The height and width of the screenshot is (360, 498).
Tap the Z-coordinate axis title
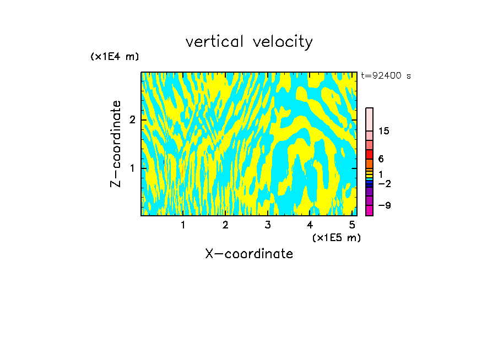pyautogui.click(x=116, y=144)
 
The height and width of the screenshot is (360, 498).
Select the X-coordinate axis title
pyautogui.click(x=249, y=254)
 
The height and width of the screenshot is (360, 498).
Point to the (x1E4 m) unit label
pyautogui.click(x=115, y=56)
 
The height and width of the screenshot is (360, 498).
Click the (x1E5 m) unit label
pyautogui.click(x=336, y=237)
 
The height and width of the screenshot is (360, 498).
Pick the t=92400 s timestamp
pyautogui.click(x=386, y=76)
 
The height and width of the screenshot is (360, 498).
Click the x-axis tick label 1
pyautogui.click(x=183, y=225)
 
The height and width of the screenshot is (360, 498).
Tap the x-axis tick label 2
pyautogui.click(x=225, y=225)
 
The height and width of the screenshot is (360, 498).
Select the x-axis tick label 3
pyautogui.click(x=268, y=225)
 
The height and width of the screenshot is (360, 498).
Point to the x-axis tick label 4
pyautogui.click(x=310, y=225)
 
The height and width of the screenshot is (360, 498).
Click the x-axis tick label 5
pyautogui.click(x=352, y=225)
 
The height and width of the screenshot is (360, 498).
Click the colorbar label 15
pyautogui.click(x=384, y=131)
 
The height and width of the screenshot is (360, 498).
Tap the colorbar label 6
pyautogui.click(x=381, y=159)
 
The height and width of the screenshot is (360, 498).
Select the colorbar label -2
pyautogui.click(x=384, y=183)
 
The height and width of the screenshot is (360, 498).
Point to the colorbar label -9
pyautogui.click(x=384, y=205)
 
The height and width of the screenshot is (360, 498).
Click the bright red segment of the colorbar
pyautogui.click(x=369, y=155)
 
